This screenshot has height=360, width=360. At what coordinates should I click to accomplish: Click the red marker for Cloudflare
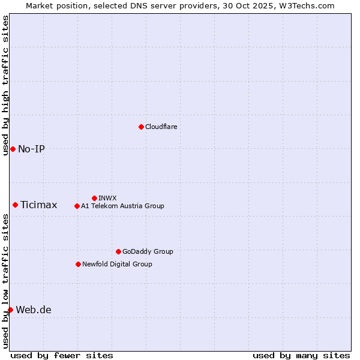point(141,127)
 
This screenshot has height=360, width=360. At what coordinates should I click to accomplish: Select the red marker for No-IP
point(13,149)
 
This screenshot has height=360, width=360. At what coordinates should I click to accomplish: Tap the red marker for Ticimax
point(15,205)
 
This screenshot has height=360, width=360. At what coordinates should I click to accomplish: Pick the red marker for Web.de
point(10,310)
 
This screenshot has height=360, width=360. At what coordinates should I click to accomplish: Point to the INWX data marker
point(94,198)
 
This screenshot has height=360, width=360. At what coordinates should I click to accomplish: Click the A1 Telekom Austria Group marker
point(77,206)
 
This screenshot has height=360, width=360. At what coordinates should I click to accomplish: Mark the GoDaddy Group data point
point(118,251)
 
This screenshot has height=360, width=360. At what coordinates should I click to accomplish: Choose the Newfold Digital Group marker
point(78,264)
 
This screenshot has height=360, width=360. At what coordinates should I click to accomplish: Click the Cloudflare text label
point(161,127)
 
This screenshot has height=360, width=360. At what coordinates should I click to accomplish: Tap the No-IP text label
point(31,149)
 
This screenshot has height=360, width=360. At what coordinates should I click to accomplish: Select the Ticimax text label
point(39,205)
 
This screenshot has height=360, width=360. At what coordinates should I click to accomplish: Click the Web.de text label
point(34,310)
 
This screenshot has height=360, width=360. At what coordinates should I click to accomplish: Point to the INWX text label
point(107,198)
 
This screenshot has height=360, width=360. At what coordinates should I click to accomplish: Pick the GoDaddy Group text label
point(148,251)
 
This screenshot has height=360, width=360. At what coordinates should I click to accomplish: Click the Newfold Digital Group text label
point(117,264)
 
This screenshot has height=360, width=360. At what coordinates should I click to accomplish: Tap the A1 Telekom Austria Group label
point(122,206)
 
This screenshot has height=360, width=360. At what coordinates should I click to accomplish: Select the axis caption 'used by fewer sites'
point(62,355)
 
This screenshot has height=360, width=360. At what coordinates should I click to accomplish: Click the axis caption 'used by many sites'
point(301,355)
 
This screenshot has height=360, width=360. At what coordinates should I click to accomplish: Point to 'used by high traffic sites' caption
point(5,85)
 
